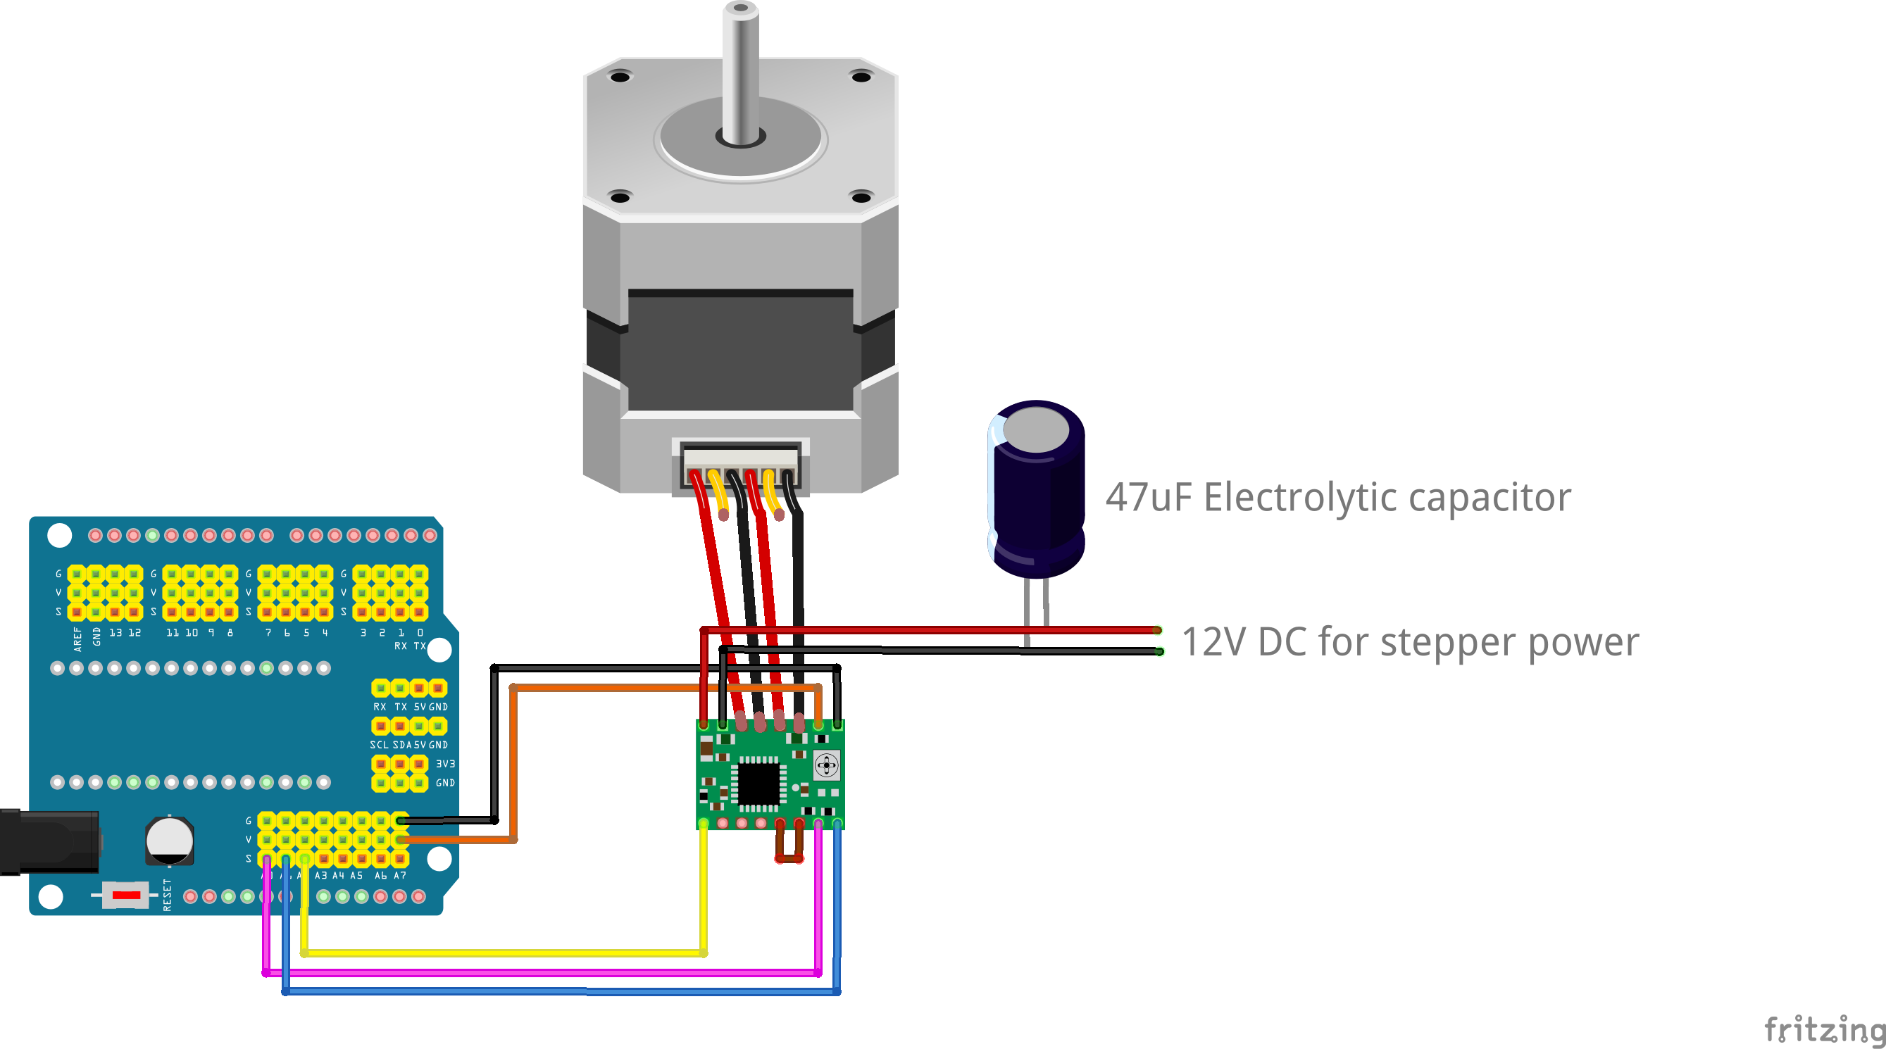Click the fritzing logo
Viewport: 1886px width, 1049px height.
click(x=1823, y=1029)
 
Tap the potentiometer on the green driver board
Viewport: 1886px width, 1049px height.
click(x=827, y=766)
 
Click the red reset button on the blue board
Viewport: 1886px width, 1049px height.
click(x=126, y=895)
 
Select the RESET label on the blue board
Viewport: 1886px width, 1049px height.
click(x=167, y=895)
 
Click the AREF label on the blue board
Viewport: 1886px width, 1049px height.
click(x=77, y=639)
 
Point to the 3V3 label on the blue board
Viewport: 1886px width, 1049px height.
click(x=445, y=763)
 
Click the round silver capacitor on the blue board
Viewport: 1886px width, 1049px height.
click(x=169, y=841)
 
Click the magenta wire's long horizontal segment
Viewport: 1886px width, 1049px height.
click(x=542, y=973)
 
